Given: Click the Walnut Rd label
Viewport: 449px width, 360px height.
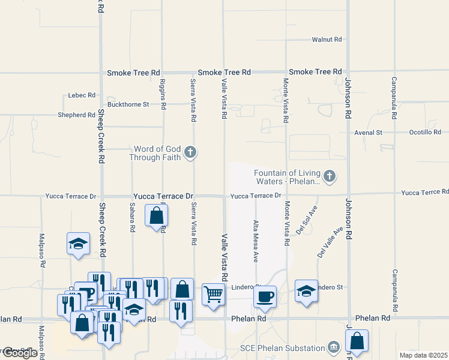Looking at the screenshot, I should (327, 40).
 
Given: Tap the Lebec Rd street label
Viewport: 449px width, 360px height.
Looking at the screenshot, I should (82, 95).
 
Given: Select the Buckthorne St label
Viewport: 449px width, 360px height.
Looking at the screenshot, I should (128, 104).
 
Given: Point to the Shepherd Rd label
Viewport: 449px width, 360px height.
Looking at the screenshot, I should (76, 115).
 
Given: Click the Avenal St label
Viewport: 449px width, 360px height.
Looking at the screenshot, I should (368, 132).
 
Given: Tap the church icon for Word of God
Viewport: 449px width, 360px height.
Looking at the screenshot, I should (190, 152).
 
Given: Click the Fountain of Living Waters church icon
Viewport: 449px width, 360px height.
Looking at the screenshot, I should (328, 176).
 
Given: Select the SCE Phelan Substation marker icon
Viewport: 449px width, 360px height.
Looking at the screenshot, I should (334, 347).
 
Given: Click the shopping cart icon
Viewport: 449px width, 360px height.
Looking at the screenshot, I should (214, 294).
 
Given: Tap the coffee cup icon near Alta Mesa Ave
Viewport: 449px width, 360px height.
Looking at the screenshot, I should (265, 296).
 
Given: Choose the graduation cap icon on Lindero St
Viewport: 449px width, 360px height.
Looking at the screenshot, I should (306, 290).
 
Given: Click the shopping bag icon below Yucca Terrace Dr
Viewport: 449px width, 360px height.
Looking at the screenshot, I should (156, 215).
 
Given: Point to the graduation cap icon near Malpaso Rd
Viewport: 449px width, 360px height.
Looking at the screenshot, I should (78, 243).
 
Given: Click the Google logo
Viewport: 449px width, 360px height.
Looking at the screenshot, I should (20, 353).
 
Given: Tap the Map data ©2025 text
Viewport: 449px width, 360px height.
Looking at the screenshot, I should (424, 355).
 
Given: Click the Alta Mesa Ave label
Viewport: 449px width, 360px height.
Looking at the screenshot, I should (256, 241).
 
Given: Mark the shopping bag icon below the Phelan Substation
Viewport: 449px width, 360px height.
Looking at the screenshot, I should (357, 340).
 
